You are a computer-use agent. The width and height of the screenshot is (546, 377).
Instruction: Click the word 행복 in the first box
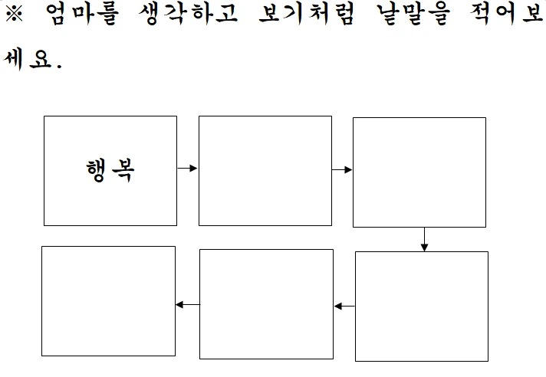point(110,170)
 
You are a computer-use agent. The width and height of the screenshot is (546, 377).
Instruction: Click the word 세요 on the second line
point(31,60)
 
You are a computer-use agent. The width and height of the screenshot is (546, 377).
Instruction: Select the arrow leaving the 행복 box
point(188,168)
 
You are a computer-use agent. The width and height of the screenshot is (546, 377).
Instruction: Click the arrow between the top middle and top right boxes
point(342,169)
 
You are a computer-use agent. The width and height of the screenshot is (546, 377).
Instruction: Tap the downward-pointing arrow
point(424,239)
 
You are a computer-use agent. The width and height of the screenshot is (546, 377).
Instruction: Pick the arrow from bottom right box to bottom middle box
point(345,307)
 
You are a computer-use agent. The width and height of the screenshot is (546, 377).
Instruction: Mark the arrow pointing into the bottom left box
point(187,304)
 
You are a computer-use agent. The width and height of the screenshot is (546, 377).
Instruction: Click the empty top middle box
point(265,171)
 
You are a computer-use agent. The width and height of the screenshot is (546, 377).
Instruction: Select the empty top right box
point(419,172)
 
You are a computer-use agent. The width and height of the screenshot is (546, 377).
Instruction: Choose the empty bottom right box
point(422,306)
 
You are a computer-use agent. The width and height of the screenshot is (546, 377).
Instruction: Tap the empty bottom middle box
point(266,304)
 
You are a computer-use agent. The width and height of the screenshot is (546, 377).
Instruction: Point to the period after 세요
point(58,67)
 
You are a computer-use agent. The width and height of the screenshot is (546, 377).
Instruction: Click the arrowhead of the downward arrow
point(424,247)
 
